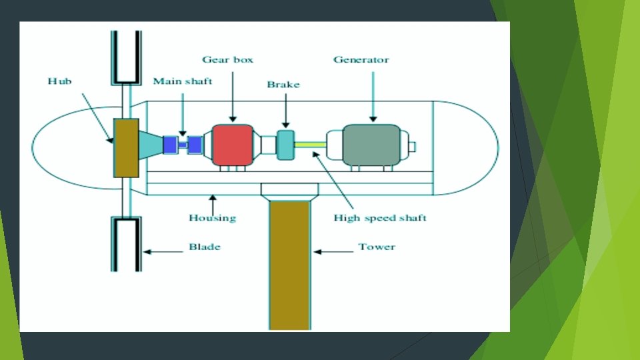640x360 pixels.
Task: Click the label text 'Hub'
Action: click(59, 81)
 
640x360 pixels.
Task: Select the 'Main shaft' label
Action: click(183, 81)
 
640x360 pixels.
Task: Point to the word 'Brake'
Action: click(283, 85)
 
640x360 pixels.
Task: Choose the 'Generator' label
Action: click(361, 59)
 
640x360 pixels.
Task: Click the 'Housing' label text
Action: click(212, 217)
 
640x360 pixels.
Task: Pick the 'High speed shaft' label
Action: click(380, 217)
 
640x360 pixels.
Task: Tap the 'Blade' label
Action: click(204, 247)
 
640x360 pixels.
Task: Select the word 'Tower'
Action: click(377, 247)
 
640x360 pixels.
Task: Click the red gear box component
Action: click(233, 144)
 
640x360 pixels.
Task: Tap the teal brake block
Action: click(285, 145)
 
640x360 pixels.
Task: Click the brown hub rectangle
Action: click(126, 148)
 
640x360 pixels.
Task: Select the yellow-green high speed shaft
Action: click(310, 144)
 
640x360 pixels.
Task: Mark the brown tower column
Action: click(290, 267)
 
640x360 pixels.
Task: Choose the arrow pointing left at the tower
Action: click(333, 251)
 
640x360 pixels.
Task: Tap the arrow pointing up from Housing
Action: click(212, 201)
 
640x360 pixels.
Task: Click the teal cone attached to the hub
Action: click(151, 145)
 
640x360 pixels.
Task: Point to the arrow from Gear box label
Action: click(232, 93)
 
